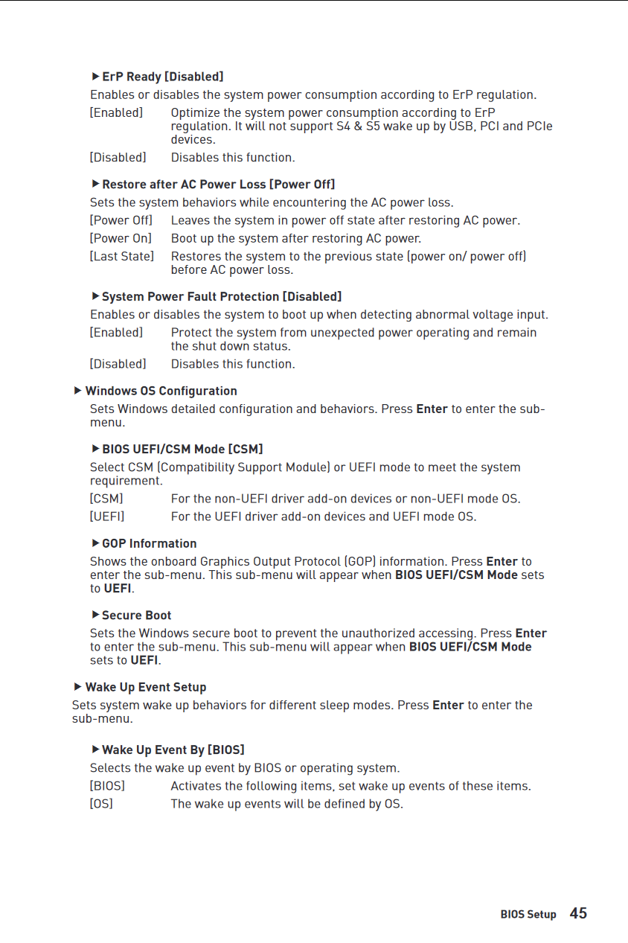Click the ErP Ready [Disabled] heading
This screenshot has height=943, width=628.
pos(162,77)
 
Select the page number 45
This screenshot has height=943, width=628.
pos(578,913)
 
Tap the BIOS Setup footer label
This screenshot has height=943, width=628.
pos(528,915)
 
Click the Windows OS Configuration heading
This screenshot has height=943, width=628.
pos(161,391)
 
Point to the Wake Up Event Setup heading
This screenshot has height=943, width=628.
pos(145,687)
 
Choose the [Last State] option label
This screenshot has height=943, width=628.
pos(122,256)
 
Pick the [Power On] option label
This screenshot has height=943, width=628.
pos(121,238)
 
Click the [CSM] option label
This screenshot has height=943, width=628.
pos(106,499)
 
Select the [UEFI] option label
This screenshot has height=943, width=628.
pos(107,517)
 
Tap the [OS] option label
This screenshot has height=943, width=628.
pos(101,804)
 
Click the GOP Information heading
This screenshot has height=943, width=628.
pos(149,543)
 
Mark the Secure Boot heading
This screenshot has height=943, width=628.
pos(136,616)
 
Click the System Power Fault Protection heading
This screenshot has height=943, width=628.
pos(221,296)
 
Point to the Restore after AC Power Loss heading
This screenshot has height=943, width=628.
pos(218,184)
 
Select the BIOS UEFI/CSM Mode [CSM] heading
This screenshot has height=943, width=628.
pos(182,449)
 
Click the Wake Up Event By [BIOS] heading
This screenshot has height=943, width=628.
pos(173,749)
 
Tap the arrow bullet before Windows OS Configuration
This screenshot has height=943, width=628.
pos(77,391)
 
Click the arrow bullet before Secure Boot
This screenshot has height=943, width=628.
pos(95,615)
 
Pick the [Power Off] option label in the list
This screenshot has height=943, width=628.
pos(121,220)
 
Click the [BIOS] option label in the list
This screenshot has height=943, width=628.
pos(107,786)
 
